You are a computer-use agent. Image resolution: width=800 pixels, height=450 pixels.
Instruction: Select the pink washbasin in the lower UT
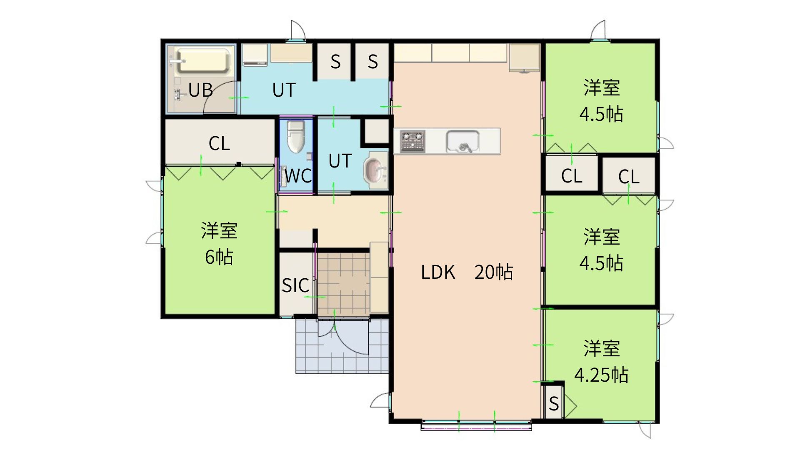pyautogui.click(x=374, y=170)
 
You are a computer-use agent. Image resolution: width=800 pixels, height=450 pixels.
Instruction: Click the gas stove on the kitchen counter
pyautogui.click(x=412, y=141)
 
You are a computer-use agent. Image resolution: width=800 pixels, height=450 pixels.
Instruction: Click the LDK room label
pyautogui.click(x=437, y=272)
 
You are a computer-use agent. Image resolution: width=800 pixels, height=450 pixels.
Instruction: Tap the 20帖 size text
pyautogui.click(x=494, y=272)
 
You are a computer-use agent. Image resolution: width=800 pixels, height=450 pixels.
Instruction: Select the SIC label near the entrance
pyautogui.click(x=295, y=285)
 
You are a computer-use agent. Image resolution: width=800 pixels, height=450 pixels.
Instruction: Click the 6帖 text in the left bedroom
pyautogui.click(x=219, y=257)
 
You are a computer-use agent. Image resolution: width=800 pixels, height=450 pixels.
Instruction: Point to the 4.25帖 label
pyautogui.click(x=601, y=375)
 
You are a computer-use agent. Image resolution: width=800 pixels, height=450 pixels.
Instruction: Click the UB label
pyautogui.click(x=200, y=90)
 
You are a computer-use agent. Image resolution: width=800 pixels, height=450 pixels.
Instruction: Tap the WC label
pyautogui.click(x=298, y=176)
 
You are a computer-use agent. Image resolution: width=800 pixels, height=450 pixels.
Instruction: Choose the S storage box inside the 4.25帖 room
pyautogui.click(x=554, y=402)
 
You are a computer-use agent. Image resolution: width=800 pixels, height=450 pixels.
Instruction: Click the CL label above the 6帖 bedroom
pyautogui.click(x=219, y=144)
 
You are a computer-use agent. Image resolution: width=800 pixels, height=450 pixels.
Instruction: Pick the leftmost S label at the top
pyautogui.click(x=335, y=62)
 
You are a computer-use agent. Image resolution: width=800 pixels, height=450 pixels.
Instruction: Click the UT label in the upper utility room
pyautogui.click(x=284, y=90)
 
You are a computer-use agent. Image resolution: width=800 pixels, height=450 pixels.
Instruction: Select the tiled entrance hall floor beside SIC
pyautogui.click(x=343, y=283)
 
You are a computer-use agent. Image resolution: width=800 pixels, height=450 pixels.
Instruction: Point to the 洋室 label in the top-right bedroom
pyautogui.click(x=601, y=87)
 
